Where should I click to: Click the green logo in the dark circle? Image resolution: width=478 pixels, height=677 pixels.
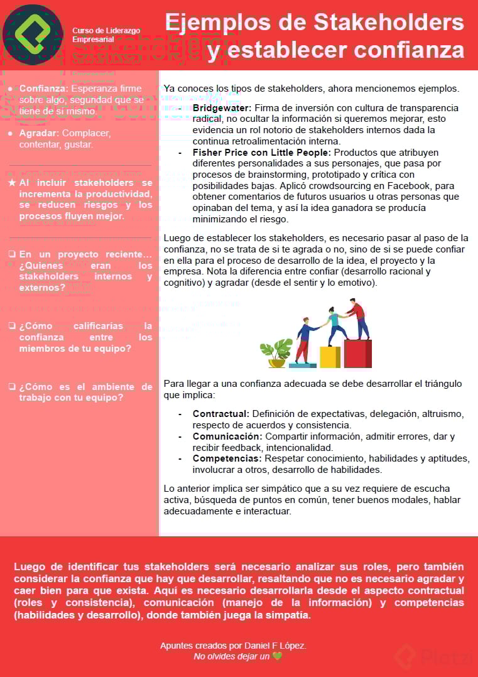tap(33, 35)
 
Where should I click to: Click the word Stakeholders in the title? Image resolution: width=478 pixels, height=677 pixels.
tap(389, 23)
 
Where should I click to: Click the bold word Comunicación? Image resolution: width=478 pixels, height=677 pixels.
tap(227, 436)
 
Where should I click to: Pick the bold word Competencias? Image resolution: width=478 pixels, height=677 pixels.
tap(227, 458)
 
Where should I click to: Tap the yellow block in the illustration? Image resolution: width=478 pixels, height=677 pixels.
tap(330, 357)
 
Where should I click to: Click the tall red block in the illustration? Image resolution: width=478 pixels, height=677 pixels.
tap(357, 354)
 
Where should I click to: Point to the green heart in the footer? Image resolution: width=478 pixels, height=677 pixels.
tap(277, 656)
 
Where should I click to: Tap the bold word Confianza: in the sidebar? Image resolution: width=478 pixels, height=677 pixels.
tap(43, 89)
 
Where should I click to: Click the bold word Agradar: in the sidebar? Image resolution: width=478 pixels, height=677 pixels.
tap(39, 133)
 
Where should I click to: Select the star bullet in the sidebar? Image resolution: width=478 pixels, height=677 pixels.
tap(11, 183)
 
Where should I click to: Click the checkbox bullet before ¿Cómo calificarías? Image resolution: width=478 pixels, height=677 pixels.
tap(12, 326)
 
